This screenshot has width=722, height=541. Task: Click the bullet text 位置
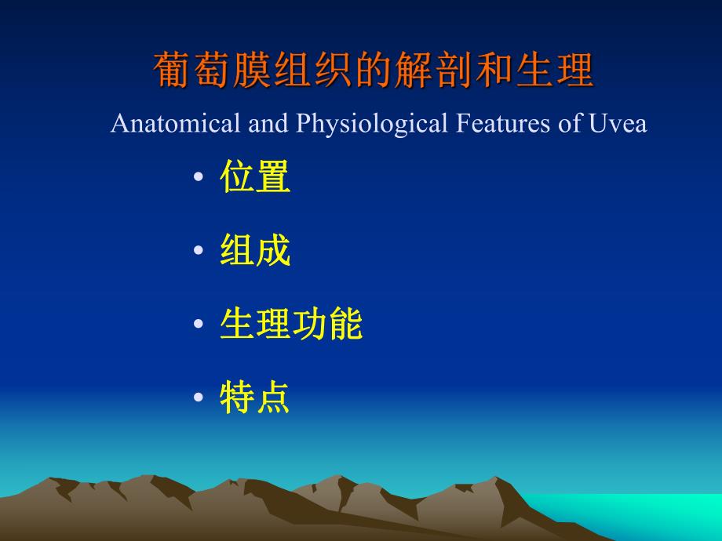click(255, 177)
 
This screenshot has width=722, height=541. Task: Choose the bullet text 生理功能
click(291, 325)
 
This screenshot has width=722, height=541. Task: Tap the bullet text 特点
click(255, 398)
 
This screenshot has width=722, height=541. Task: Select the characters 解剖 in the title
click(445, 71)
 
